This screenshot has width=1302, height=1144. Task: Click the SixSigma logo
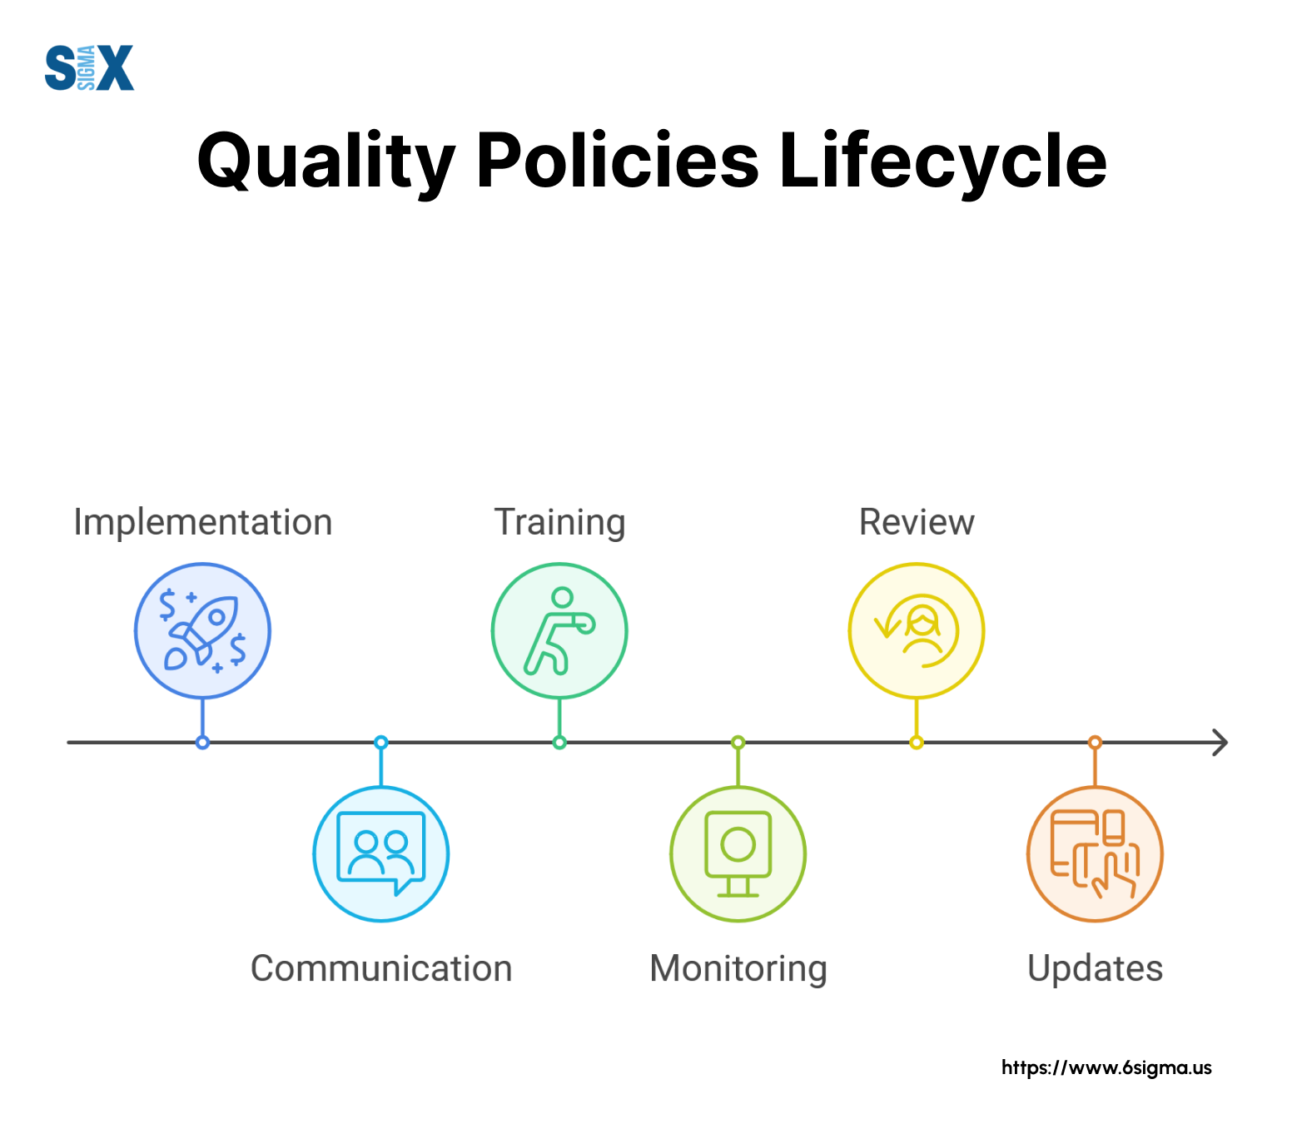(x=89, y=67)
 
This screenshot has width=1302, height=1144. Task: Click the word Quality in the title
(x=326, y=162)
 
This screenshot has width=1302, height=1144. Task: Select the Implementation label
(x=203, y=523)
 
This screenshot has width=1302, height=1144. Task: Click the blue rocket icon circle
(x=202, y=630)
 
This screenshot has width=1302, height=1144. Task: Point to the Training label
(x=560, y=523)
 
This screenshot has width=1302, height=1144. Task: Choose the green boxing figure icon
(x=559, y=630)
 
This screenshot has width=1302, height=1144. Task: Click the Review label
(x=917, y=522)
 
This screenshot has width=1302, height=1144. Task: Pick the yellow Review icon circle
(x=917, y=630)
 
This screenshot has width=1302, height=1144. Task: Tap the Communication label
(x=381, y=968)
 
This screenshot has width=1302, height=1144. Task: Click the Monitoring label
(x=738, y=969)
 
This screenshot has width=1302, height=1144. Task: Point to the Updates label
(x=1096, y=969)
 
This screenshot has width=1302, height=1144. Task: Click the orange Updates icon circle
(x=1095, y=853)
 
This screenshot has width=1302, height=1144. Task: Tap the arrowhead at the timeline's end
(x=1220, y=742)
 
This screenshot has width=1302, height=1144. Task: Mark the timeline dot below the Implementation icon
(x=202, y=743)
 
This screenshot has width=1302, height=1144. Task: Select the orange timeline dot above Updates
(x=1096, y=742)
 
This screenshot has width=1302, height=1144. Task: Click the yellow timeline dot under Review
(x=917, y=743)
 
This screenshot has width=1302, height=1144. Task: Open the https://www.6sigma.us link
(x=1106, y=1067)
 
